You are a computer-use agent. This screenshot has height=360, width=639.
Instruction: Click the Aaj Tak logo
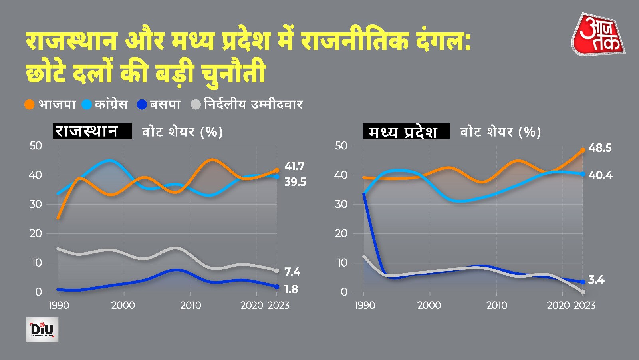pos(598,34)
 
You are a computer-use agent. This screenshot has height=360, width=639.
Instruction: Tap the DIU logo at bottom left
pos(42,330)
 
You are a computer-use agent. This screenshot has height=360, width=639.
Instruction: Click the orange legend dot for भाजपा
pos(30,105)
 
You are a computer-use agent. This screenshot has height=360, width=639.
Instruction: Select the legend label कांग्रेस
pos(111,105)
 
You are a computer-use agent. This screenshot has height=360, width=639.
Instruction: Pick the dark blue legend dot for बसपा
pos(142,105)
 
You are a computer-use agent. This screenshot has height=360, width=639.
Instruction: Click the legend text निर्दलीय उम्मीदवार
pos(253,105)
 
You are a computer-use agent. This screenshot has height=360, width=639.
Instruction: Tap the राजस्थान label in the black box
pos(92,131)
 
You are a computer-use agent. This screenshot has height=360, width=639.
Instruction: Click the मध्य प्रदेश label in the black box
pos(406,131)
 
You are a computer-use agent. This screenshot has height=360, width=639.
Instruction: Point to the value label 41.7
pos(294,166)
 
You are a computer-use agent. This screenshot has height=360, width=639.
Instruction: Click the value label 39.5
pos(295,182)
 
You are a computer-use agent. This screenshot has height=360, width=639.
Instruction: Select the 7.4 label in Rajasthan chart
pos(292,272)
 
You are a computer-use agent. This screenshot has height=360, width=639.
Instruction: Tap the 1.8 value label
pos(291,289)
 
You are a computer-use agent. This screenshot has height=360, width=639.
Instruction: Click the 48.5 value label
pos(600,148)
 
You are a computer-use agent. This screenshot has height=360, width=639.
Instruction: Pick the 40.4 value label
pos(600,175)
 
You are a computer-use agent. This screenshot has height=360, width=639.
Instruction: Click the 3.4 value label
pos(596,280)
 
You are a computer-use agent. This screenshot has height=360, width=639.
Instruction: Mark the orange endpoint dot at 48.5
pos(583,150)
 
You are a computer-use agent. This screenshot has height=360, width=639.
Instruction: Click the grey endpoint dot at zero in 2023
pos(583,292)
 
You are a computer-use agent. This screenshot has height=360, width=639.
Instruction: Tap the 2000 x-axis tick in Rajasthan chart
pos(123,306)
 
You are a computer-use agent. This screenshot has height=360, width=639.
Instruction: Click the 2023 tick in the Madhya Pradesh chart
pos(584,306)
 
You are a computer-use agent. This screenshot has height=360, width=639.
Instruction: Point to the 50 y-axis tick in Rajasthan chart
pos(36,146)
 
